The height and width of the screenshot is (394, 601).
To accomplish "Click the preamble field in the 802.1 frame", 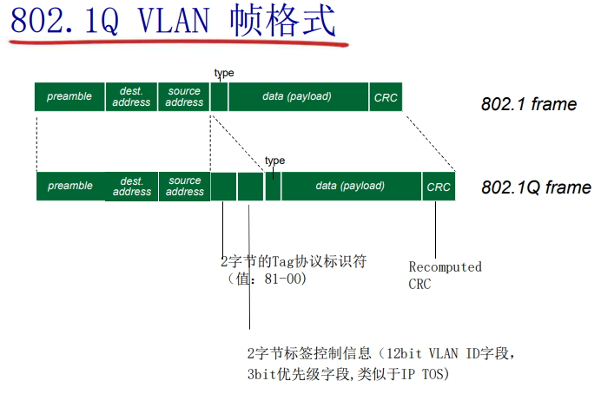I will pos(69,97).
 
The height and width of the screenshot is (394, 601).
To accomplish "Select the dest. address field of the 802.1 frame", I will pos(132,97).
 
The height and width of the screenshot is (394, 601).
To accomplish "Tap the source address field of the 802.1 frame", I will pos(184,97).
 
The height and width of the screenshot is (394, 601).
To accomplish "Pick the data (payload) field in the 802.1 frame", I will pos(297,97).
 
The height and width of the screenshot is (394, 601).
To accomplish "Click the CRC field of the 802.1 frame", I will pos(386,97).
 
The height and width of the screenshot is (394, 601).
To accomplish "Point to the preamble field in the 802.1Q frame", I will pos(70,186).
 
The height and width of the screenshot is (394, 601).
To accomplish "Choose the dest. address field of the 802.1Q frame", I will pos(132,186).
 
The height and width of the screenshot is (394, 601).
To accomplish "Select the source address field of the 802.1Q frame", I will pos(184,186).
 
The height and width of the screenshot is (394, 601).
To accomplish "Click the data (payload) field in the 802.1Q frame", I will pos(350,186).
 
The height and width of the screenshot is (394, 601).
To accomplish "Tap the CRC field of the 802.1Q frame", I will pos(439,186).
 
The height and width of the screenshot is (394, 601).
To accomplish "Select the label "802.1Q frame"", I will pos(536,187).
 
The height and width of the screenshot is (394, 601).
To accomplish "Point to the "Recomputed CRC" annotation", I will pos(445,275).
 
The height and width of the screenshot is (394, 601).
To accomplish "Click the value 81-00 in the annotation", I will pos(278,279).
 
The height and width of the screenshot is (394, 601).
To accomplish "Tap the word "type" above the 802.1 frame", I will pos(223,73).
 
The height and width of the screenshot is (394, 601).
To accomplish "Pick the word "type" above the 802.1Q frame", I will pos(274,161).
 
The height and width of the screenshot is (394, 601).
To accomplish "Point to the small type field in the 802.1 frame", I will pos(219,97).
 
